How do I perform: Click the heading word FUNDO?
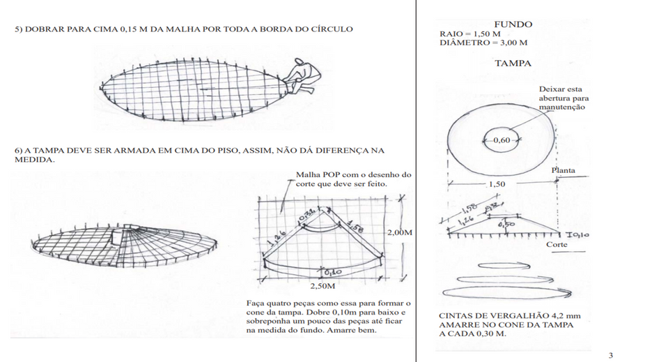pos(513,24)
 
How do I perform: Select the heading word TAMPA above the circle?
pos(513,63)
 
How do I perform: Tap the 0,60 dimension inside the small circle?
pos(501,140)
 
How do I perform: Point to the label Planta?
pos(564,170)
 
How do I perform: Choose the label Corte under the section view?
pos(557,245)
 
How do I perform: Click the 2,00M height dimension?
pos(398,231)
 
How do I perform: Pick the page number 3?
pos(611,356)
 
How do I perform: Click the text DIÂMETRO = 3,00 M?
pos(483,43)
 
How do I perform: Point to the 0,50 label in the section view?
pos(506,225)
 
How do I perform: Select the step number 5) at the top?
pos(19,29)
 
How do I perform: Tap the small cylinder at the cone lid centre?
pos(114,237)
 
